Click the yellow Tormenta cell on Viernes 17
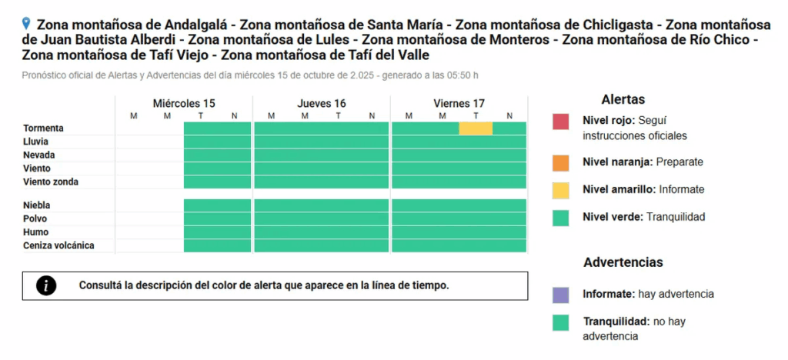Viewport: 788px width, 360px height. pos(476,128)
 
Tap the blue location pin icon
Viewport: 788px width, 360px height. pos(28,23)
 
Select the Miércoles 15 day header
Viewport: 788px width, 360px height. pos(184,103)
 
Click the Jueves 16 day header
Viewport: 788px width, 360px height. pos(322,103)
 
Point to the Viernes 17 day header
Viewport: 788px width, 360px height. pos(459,103)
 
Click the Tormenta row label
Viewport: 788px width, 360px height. pos(43,128)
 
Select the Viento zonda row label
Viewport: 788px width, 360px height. pos(51,182)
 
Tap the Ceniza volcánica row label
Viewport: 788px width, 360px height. pos(58,245)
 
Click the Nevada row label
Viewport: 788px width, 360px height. pos(39,155)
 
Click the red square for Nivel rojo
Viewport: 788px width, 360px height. pos(560,122)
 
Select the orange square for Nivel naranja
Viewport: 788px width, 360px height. pos(560,162)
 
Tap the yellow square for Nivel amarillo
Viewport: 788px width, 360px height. pos(560,189)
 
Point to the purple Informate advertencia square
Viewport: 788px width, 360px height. pos(560,295)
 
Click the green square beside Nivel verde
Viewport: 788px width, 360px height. pos(560,218)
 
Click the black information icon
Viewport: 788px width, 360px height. pos(47,285)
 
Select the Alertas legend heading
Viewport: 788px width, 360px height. pos(623,99)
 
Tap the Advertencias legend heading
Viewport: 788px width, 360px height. pos(623,262)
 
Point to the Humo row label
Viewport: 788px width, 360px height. pos(36,232)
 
